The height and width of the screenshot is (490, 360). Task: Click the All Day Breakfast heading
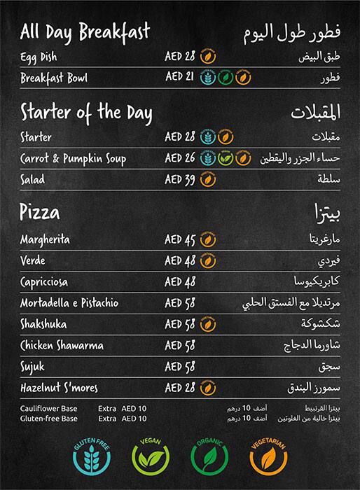click(85, 31)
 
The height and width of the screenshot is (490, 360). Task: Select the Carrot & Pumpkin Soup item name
click(74, 159)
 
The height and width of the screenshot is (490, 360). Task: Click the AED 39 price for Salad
click(180, 180)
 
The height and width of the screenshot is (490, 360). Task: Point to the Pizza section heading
click(41, 212)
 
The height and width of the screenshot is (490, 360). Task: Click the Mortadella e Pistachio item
click(69, 303)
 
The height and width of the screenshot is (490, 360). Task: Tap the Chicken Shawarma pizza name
click(62, 345)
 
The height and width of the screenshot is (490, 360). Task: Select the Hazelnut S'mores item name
click(60, 387)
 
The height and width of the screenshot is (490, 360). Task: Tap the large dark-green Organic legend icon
click(210, 456)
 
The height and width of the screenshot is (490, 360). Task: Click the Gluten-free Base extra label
click(48, 418)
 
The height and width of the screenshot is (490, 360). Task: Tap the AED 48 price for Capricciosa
click(180, 282)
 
